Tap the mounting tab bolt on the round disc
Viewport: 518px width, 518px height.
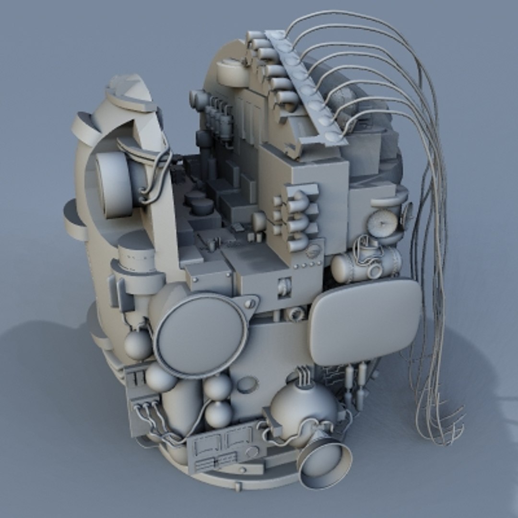pyautogui.click(x=249, y=304)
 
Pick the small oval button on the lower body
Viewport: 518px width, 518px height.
pyautogui.click(x=247, y=384)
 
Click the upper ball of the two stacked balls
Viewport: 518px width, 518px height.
pyautogui.click(x=219, y=387)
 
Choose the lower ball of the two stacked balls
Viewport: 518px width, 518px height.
pyautogui.click(x=219, y=414)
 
